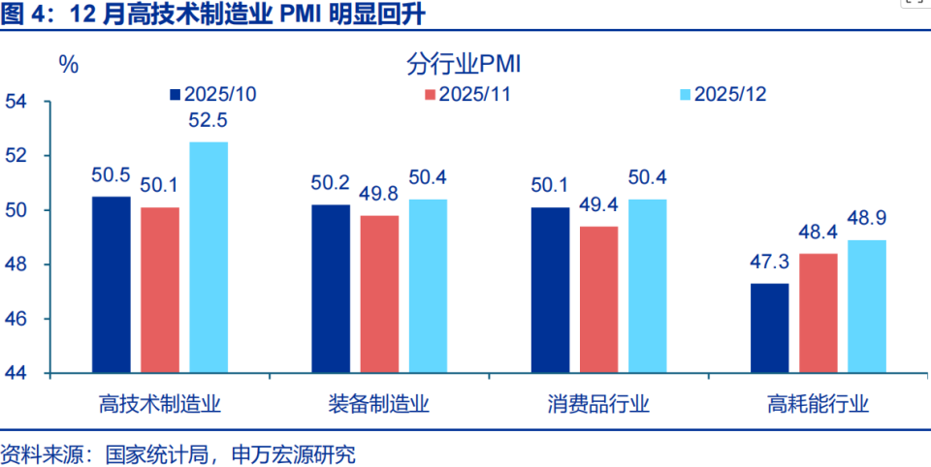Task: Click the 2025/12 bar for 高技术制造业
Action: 209,258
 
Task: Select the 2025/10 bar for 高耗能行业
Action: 769,328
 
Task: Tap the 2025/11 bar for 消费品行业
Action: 598,299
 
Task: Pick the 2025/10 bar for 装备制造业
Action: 331,289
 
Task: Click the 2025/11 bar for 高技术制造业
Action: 160,290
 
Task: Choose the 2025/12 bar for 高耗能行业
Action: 866,306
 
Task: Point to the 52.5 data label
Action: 209,121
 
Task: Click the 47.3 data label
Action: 769,263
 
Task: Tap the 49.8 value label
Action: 379,195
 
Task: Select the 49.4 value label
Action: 598,205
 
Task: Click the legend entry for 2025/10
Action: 212,94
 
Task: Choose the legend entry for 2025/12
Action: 723,94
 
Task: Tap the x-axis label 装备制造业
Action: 379,404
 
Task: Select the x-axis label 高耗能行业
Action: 818,404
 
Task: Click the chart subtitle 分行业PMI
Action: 465,65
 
